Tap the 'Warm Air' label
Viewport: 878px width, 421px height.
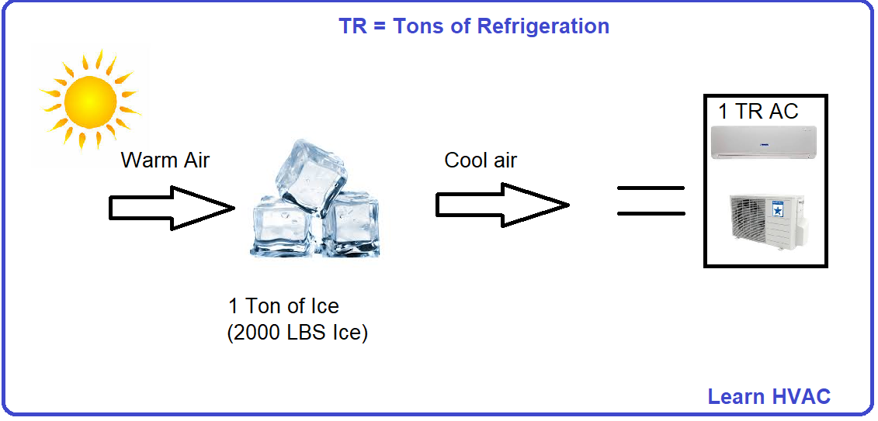(x=165, y=160)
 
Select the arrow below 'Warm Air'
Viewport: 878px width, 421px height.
(x=171, y=208)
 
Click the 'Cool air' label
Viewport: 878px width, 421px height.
(x=481, y=160)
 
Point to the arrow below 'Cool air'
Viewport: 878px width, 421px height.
(x=501, y=205)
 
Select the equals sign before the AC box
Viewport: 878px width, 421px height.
(x=651, y=200)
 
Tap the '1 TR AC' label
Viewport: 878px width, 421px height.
(x=758, y=112)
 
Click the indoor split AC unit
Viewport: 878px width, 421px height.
(x=765, y=143)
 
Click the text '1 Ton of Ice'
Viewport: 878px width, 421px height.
(x=283, y=305)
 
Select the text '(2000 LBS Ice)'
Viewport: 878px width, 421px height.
(x=297, y=333)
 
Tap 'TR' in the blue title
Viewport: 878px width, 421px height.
(x=352, y=26)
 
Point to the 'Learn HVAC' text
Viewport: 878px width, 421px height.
(x=769, y=397)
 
